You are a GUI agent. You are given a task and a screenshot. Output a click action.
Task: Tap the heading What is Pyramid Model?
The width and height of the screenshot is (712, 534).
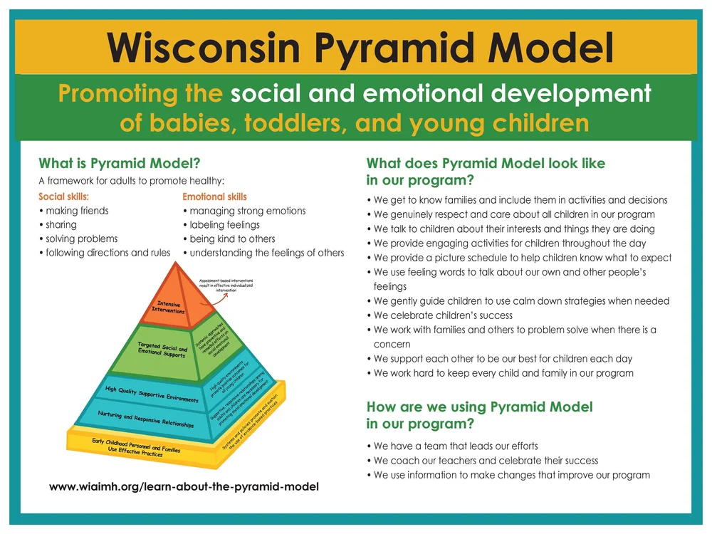click(119, 163)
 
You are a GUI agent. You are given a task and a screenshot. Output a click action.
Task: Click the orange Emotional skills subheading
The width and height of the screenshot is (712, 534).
click(214, 197)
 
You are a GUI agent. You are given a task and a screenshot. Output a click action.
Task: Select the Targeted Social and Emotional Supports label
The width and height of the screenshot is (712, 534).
click(162, 350)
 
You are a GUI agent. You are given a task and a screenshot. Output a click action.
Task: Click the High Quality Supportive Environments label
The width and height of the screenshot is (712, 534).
click(152, 394)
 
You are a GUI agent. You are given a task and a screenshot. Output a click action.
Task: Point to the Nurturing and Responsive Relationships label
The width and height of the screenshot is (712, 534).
click(145, 421)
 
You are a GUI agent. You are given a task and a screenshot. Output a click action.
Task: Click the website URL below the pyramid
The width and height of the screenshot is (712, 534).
click(184, 487)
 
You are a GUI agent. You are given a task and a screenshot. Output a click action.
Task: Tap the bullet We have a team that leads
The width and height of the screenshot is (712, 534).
click(456, 446)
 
